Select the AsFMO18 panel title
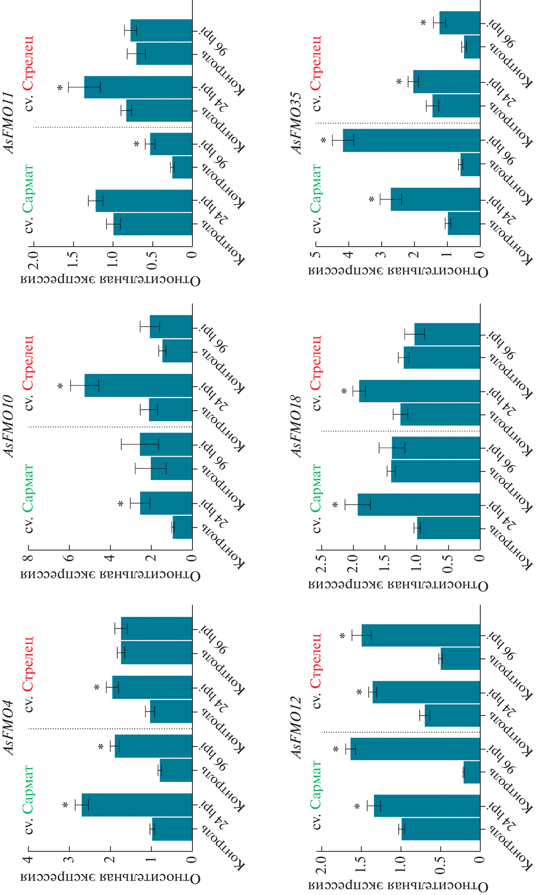[296, 426]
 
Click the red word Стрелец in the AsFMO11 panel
[28, 63]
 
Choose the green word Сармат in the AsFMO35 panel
[316, 188]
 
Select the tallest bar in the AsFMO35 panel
[411, 140]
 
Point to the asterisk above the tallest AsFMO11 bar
[60, 88]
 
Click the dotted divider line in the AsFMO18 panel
[398, 431]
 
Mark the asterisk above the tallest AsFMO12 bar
[336, 749]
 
